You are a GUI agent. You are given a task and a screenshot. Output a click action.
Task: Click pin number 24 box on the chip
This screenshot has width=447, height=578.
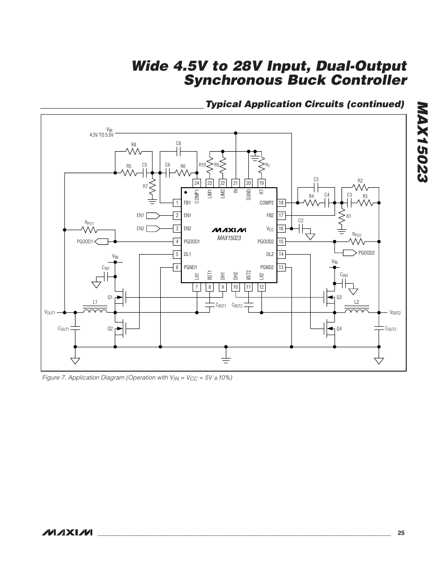click(x=197, y=183)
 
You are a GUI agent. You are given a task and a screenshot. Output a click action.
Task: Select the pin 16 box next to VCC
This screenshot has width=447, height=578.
click(x=281, y=228)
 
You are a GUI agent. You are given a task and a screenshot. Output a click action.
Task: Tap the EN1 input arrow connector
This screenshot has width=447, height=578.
click(x=153, y=215)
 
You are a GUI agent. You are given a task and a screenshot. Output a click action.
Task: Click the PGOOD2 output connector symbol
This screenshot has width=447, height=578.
click(x=350, y=253)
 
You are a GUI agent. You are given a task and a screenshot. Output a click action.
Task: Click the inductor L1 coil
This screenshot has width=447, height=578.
click(x=95, y=310)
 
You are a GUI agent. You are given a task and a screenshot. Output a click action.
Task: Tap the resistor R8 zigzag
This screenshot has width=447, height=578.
click(x=134, y=151)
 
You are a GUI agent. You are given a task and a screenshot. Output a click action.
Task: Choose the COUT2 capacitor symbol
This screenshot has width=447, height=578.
click(x=379, y=329)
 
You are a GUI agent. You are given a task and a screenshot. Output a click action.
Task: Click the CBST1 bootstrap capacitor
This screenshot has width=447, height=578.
click(x=209, y=305)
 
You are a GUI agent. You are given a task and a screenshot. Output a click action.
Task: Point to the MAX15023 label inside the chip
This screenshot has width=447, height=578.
click(x=229, y=238)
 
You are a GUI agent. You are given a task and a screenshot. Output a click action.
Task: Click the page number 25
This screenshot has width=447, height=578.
click(x=401, y=533)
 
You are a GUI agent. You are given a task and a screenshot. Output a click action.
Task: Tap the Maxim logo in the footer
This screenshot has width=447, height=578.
click(x=67, y=533)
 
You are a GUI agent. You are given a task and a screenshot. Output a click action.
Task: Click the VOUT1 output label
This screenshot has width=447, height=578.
click(x=50, y=312)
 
